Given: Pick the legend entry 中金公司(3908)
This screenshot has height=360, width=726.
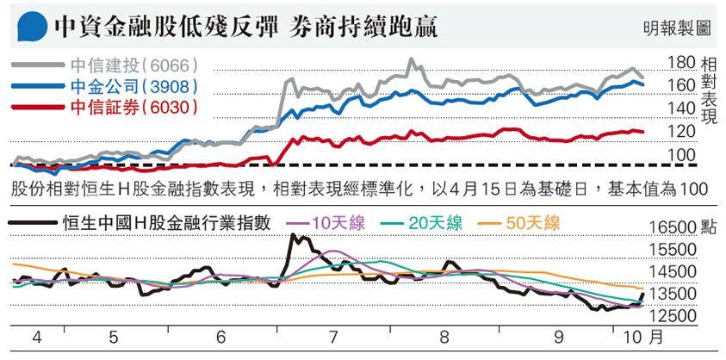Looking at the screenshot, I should point(133,86).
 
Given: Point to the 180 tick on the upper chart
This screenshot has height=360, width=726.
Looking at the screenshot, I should point(680,63).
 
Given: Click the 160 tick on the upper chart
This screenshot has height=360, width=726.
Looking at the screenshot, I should point(680,85).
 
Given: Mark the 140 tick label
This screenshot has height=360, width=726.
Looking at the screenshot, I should point(680,109).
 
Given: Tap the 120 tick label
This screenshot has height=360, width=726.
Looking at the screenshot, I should point(680,131).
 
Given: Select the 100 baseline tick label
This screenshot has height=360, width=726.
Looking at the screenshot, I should point(680,154).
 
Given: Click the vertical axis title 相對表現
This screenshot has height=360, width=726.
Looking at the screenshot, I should point(708,95).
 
